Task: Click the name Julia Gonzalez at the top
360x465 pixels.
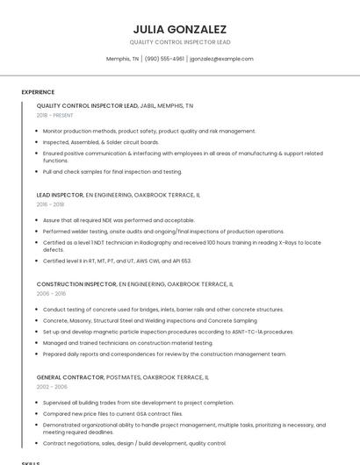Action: coord(179,29)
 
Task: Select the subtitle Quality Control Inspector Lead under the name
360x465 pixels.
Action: coord(179,42)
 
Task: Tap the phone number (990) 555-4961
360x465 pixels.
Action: coord(164,59)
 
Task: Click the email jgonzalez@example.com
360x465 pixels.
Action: coord(221,59)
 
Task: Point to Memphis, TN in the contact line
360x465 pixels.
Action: coord(122,59)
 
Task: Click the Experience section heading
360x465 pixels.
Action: coord(38,92)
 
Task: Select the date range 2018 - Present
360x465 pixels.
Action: coord(54,115)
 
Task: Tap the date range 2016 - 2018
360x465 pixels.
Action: coord(50,204)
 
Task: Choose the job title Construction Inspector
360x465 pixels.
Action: coord(76,284)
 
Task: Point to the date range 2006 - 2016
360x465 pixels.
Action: coord(51,294)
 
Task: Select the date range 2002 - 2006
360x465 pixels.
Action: coord(52,386)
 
